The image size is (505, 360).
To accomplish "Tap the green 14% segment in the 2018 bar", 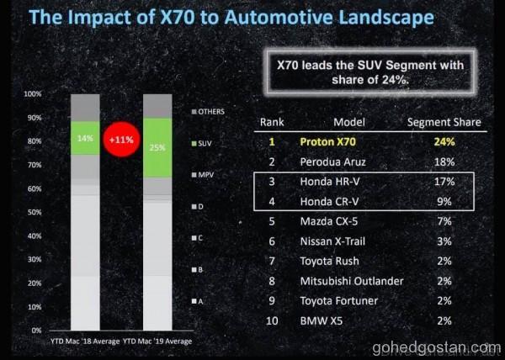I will pyautogui.click(x=85, y=138).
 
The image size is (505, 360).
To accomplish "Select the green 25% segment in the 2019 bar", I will pyautogui.click(x=157, y=147).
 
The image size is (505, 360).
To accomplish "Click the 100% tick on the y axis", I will pyautogui.click(x=33, y=94).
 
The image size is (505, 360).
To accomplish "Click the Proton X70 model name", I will pyautogui.click(x=332, y=142).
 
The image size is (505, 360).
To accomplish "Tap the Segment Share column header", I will pyautogui.click(x=444, y=122).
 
